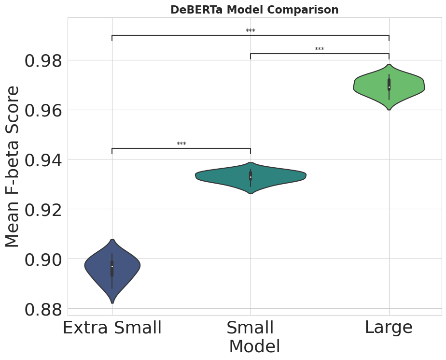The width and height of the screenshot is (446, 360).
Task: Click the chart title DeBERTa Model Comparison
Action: click(254, 10)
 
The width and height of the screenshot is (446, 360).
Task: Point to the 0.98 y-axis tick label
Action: click(44, 61)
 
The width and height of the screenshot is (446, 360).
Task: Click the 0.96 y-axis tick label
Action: click(44, 111)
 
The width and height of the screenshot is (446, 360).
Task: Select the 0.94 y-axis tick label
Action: click(44, 160)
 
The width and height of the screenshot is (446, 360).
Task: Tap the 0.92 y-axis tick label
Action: click(44, 210)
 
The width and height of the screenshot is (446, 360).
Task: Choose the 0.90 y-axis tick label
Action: click(44, 259)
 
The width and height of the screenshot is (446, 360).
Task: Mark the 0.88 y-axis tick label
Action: click(44, 309)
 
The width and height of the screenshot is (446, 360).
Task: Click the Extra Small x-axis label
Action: click(112, 328)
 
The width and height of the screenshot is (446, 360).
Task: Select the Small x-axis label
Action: click(250, 328)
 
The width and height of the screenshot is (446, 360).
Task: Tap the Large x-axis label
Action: click(389, 328)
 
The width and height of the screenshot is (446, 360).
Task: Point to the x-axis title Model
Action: click(254, 347)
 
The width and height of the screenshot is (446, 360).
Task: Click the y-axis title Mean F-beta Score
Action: click(13, 166)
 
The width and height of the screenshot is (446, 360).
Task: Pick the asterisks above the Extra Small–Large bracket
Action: click(251, 31)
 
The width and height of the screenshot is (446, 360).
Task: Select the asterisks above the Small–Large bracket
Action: click(320, 50)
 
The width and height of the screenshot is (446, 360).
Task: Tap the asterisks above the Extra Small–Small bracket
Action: click(181, 144)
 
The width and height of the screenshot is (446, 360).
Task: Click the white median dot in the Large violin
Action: click(389, 87)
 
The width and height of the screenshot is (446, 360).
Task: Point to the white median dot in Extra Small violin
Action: click(112, 266)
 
